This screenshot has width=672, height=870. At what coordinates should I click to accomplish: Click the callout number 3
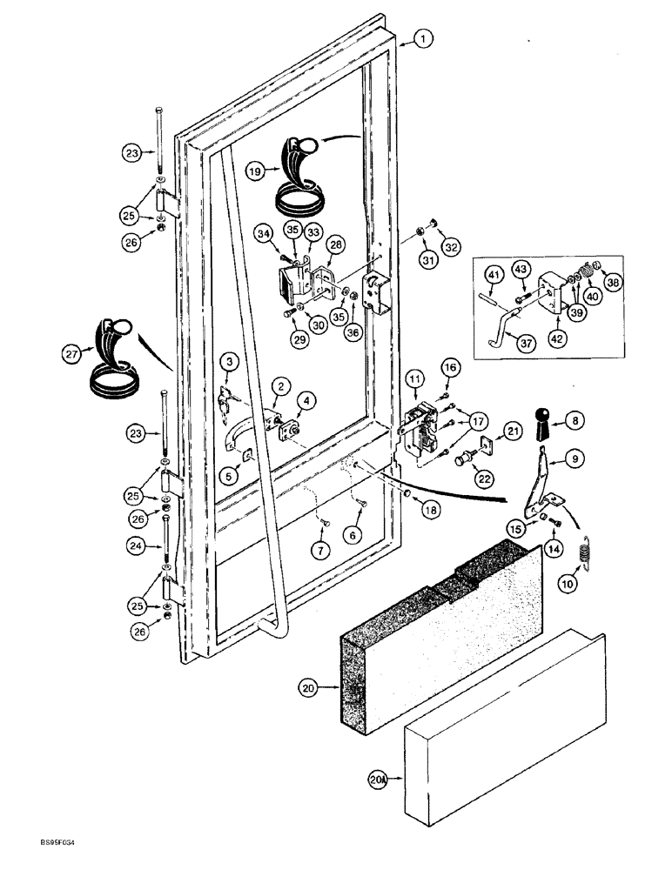pyautogui.click(x=227, y=361)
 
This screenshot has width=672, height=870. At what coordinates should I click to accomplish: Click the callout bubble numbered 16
pyautogui.click(x=449, y=371)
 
